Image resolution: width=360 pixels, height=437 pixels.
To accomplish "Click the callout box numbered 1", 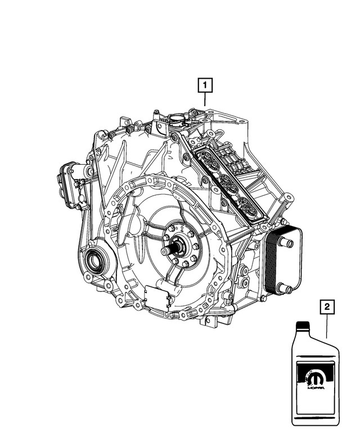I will tap(205, 86).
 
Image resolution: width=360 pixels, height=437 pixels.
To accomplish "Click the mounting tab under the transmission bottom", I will tap(210, 323).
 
